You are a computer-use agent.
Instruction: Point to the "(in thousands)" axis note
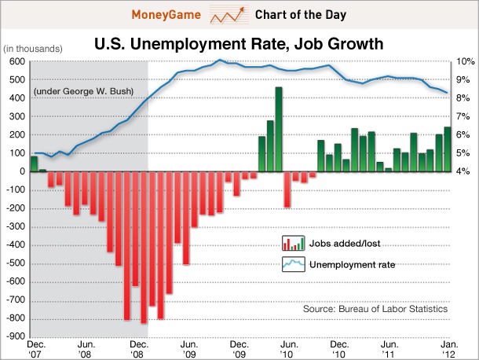click(32, 50)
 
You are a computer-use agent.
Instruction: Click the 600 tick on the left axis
click(16, 61)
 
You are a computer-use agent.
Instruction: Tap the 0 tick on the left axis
click(20, 171)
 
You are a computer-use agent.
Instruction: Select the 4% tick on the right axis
click(463, 171)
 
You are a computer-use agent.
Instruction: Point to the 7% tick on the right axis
click(463, 116)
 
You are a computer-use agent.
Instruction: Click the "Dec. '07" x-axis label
click(35, 348)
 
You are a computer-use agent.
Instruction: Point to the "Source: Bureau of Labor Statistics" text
click(375, 309)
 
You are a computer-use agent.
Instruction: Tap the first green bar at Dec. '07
click(34, 163)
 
